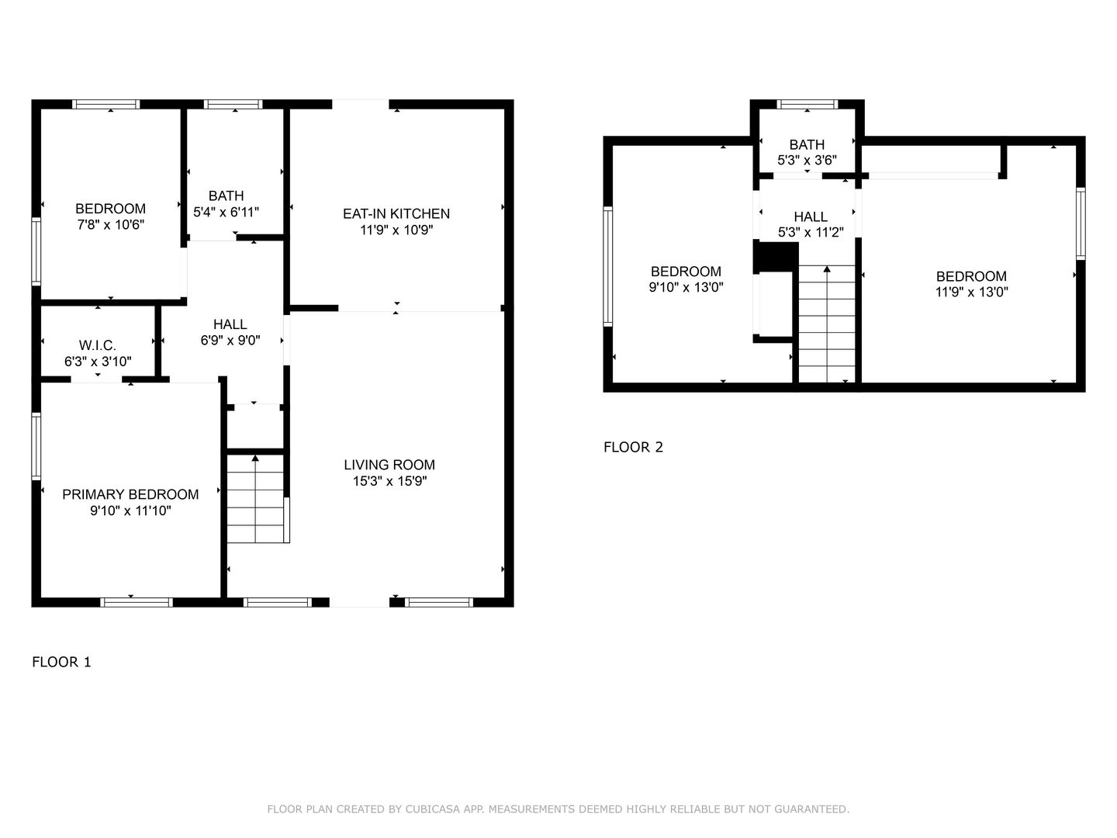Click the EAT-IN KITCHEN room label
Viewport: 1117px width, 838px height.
396,213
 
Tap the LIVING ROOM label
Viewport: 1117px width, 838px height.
389,465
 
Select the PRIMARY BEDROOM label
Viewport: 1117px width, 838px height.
130,494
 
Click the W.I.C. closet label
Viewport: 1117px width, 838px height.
98,345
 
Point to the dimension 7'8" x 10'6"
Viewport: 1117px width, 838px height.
110,224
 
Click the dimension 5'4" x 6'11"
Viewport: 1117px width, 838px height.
226,211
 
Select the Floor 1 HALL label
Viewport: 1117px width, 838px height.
230,324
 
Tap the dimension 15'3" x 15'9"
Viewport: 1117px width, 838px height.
389,481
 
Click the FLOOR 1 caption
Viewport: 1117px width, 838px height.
61,662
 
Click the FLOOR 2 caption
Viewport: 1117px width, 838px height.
633,447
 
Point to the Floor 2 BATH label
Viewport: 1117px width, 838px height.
807,144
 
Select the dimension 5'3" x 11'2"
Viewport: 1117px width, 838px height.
811,232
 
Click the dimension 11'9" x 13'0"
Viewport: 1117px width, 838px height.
971,293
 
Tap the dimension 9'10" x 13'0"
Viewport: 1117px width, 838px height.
686,287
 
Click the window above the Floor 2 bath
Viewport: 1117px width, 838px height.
807,104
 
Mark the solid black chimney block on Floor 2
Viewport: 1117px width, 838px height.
775,257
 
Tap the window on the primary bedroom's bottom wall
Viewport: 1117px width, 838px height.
137,602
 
